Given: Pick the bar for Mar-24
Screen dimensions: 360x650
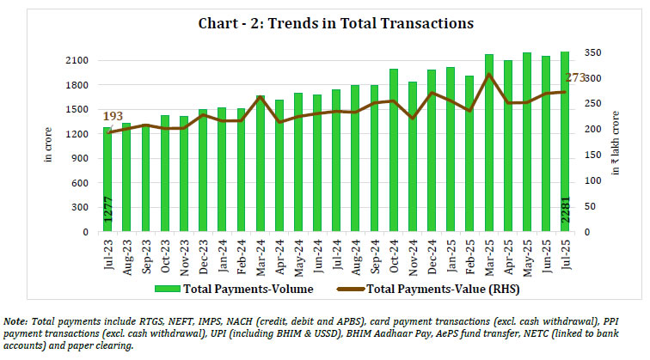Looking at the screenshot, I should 261,163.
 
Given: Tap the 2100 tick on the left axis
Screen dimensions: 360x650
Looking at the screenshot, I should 76,61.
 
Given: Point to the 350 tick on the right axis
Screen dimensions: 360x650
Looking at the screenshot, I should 595,53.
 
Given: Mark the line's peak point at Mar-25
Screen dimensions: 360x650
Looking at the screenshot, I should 489,75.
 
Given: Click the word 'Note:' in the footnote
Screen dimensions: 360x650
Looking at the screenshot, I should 19,320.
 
